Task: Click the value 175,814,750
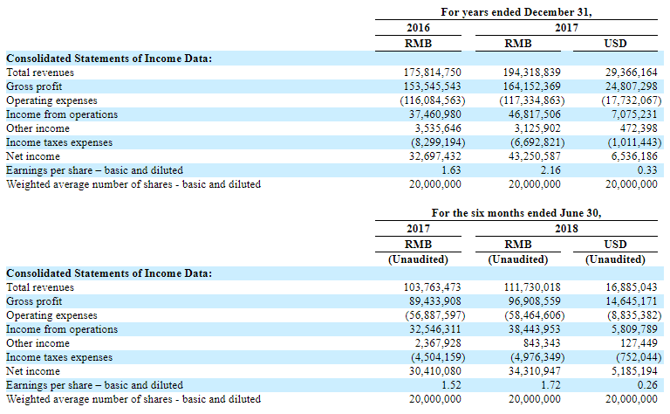432,72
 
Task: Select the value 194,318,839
531,72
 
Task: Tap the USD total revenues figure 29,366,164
631,72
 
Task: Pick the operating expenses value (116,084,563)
433,100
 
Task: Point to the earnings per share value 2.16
550,170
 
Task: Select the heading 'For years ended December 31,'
516,12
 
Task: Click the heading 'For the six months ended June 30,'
516,213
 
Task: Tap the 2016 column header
418,28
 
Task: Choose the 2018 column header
566,229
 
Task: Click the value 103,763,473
432,287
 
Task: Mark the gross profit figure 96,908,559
534,301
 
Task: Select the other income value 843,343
542,343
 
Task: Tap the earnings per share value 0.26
647,385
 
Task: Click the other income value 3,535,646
438,128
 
